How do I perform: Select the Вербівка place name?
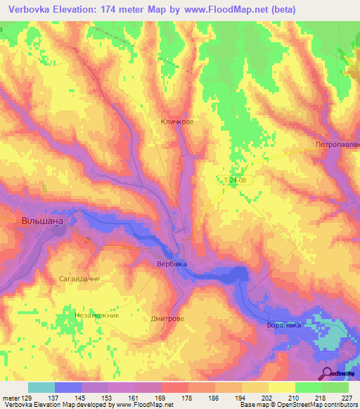pos(172,264)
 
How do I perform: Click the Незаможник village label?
pos(98,316)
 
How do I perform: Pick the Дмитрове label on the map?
pos(168,318)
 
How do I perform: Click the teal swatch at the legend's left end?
pos(41,388)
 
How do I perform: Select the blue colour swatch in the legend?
pos(68,388)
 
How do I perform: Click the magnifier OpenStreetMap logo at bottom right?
pos(328,373)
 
